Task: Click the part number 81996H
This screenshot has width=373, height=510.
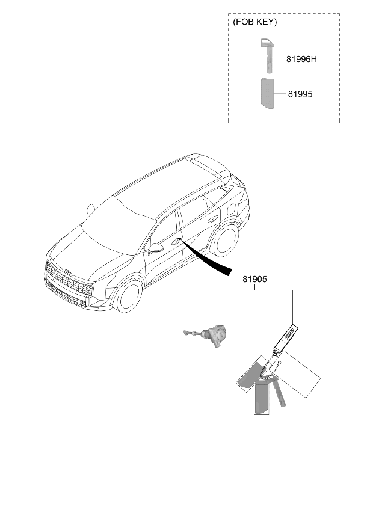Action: [x=301, y=59]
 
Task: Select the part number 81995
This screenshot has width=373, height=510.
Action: [x=300, y=94]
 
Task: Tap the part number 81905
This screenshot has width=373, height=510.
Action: [x=254, y=279]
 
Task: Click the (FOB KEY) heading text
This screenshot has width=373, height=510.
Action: [x=255, y=22]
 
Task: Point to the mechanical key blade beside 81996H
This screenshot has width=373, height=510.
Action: [x=267, y=55]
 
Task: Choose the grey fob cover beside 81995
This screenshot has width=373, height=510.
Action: [x=267, y=93]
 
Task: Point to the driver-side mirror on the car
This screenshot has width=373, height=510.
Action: [x=156, y=248]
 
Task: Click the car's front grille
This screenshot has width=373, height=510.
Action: [x=69, y=281]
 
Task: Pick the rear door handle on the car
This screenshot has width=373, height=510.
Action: [x=214, y=218]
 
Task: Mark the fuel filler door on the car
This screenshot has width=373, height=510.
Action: [x=232, y=208]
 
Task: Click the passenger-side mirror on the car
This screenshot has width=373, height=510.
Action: [x=90, y=210]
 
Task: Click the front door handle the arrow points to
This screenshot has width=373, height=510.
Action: [x=176, y=241]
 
